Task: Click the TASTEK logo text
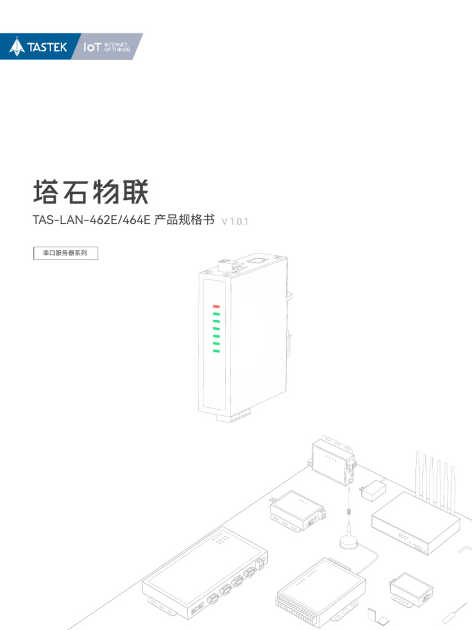pyautogui.click(x=47, y=47)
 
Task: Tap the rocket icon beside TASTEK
pyautogui.click(x=17, y=47)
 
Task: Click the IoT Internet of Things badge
pyautogui.click(x=106, y=47)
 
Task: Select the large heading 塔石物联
pyautogui.click(x=90, y=193)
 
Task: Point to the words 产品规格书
pyautogui.click(x=184, y=220)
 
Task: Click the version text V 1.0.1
pyautogui.click(x=234, y=221)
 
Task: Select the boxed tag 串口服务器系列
pyautogui.click(x=65, y=253)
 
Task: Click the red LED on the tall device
pyautogui.click(x=216, y=306)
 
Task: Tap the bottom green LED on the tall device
pyautogui.click(x=216, y=351)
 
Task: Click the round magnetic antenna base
pyautogui.click(x=348, y=541)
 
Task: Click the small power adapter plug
pyautogui.click(x=372, y=490)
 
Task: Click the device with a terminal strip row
pyautogui.click(x=320, y=589)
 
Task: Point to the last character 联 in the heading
pyautogui.click(x=135, y=193)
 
